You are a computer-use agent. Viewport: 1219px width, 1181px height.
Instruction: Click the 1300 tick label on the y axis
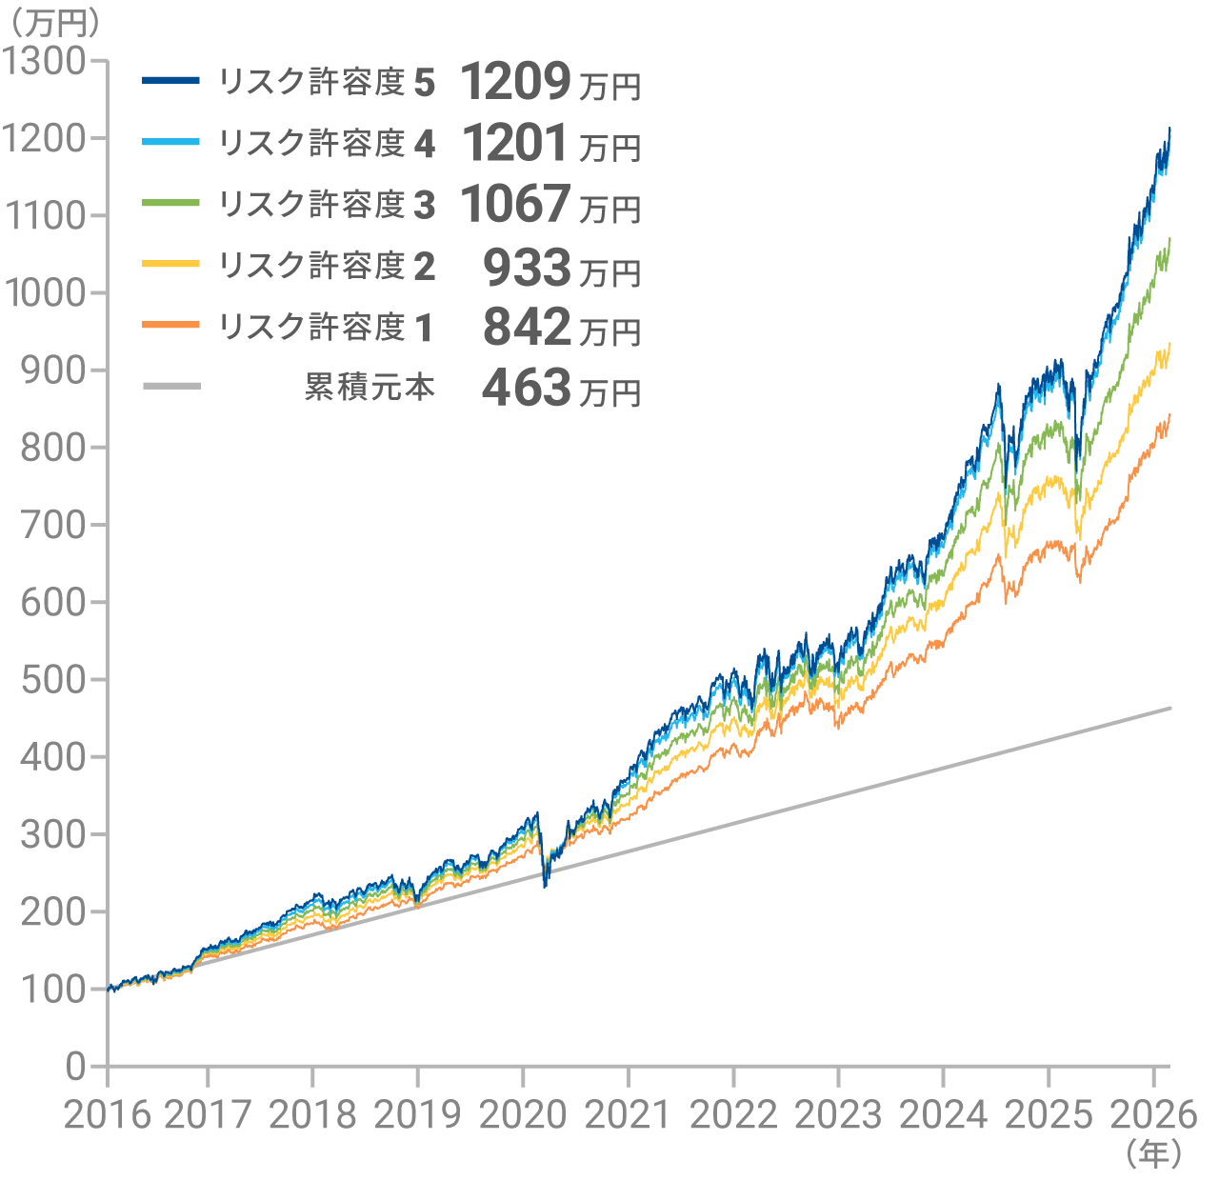[45, 61]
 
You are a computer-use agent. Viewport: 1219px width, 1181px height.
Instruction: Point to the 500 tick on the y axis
[52, 679]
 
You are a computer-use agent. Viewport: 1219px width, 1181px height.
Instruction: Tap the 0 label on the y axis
[75, 1067]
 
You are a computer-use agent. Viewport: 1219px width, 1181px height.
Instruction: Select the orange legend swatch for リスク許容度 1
[171, 326]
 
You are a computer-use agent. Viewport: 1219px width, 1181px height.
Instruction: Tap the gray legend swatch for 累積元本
[171, 387]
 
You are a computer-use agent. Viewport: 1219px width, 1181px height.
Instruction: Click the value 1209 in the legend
[515, 82]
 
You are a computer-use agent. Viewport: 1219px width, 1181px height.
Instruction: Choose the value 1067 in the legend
[515, 204]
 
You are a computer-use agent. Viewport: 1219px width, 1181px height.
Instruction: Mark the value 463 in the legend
[526, 388]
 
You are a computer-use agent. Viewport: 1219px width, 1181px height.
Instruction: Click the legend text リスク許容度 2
[327, 266]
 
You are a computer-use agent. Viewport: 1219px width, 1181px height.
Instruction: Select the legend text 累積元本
[370, 387]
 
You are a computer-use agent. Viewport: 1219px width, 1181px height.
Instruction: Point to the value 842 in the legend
[526, 327]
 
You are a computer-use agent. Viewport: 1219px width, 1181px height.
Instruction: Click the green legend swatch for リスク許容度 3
[171, 204]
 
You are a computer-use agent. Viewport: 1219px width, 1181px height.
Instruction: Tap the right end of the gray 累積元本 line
[1169, 708]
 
